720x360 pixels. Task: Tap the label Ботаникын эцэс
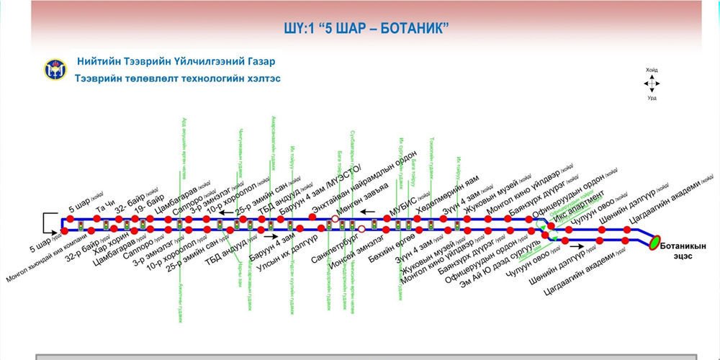coord(685,250)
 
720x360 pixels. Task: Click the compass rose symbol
coord(651,83)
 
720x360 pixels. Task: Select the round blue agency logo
coord(55,70)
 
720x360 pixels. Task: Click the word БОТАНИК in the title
coord(415,28)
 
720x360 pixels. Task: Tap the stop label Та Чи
coord(104,206)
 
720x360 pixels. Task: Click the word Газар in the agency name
coord(253,62)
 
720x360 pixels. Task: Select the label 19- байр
coord(150,197)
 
